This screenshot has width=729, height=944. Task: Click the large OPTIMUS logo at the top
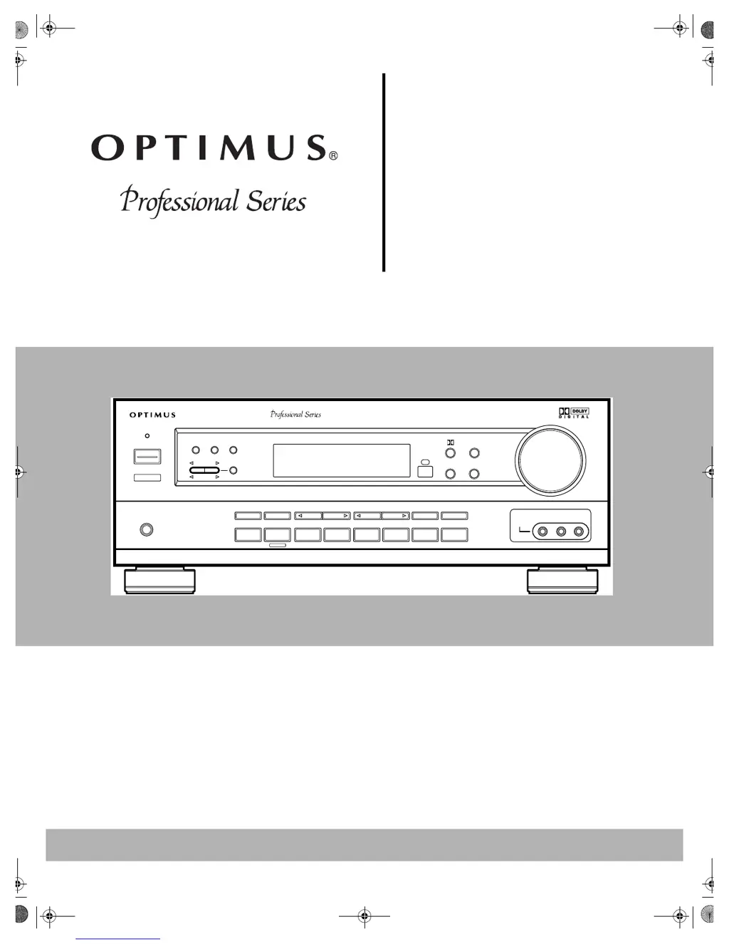209,147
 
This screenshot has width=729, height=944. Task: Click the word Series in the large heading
276,202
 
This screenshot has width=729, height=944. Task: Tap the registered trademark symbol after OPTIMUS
333,155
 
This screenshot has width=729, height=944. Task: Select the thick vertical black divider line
384,172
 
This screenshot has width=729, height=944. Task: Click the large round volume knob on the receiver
550,460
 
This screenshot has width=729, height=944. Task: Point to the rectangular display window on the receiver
342,460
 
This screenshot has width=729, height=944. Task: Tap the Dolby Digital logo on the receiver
574,413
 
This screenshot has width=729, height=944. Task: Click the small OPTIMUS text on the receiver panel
152,415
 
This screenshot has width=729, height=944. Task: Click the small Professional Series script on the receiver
295,414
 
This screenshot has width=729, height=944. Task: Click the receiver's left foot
159,581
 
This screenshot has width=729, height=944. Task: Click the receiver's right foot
562,581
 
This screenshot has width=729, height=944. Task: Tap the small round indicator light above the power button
147,435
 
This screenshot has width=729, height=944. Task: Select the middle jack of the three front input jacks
561,531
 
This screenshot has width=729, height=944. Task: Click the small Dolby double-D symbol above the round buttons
451,442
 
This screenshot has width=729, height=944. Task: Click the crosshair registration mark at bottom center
364,916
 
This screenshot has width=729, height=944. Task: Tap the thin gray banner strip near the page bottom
364,844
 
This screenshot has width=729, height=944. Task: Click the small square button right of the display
425,472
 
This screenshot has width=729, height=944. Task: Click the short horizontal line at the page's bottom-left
117,939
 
